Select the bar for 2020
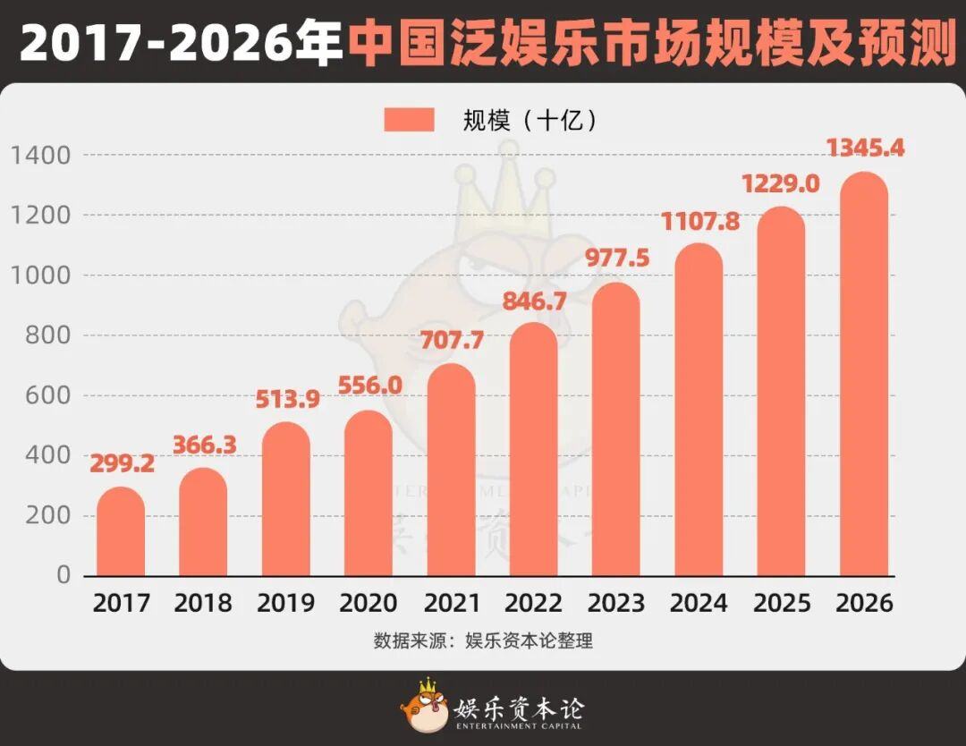coord(369,494)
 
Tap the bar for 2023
coord(615,430)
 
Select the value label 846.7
coord(534,301)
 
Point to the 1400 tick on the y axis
coord(41,156)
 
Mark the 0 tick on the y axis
coord(64,575)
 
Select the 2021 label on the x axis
coord(451,603)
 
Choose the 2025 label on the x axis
coord(781,603)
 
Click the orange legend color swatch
coord(409,120)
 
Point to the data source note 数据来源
coord(483,641)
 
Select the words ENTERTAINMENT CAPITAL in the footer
coord(519,725)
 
